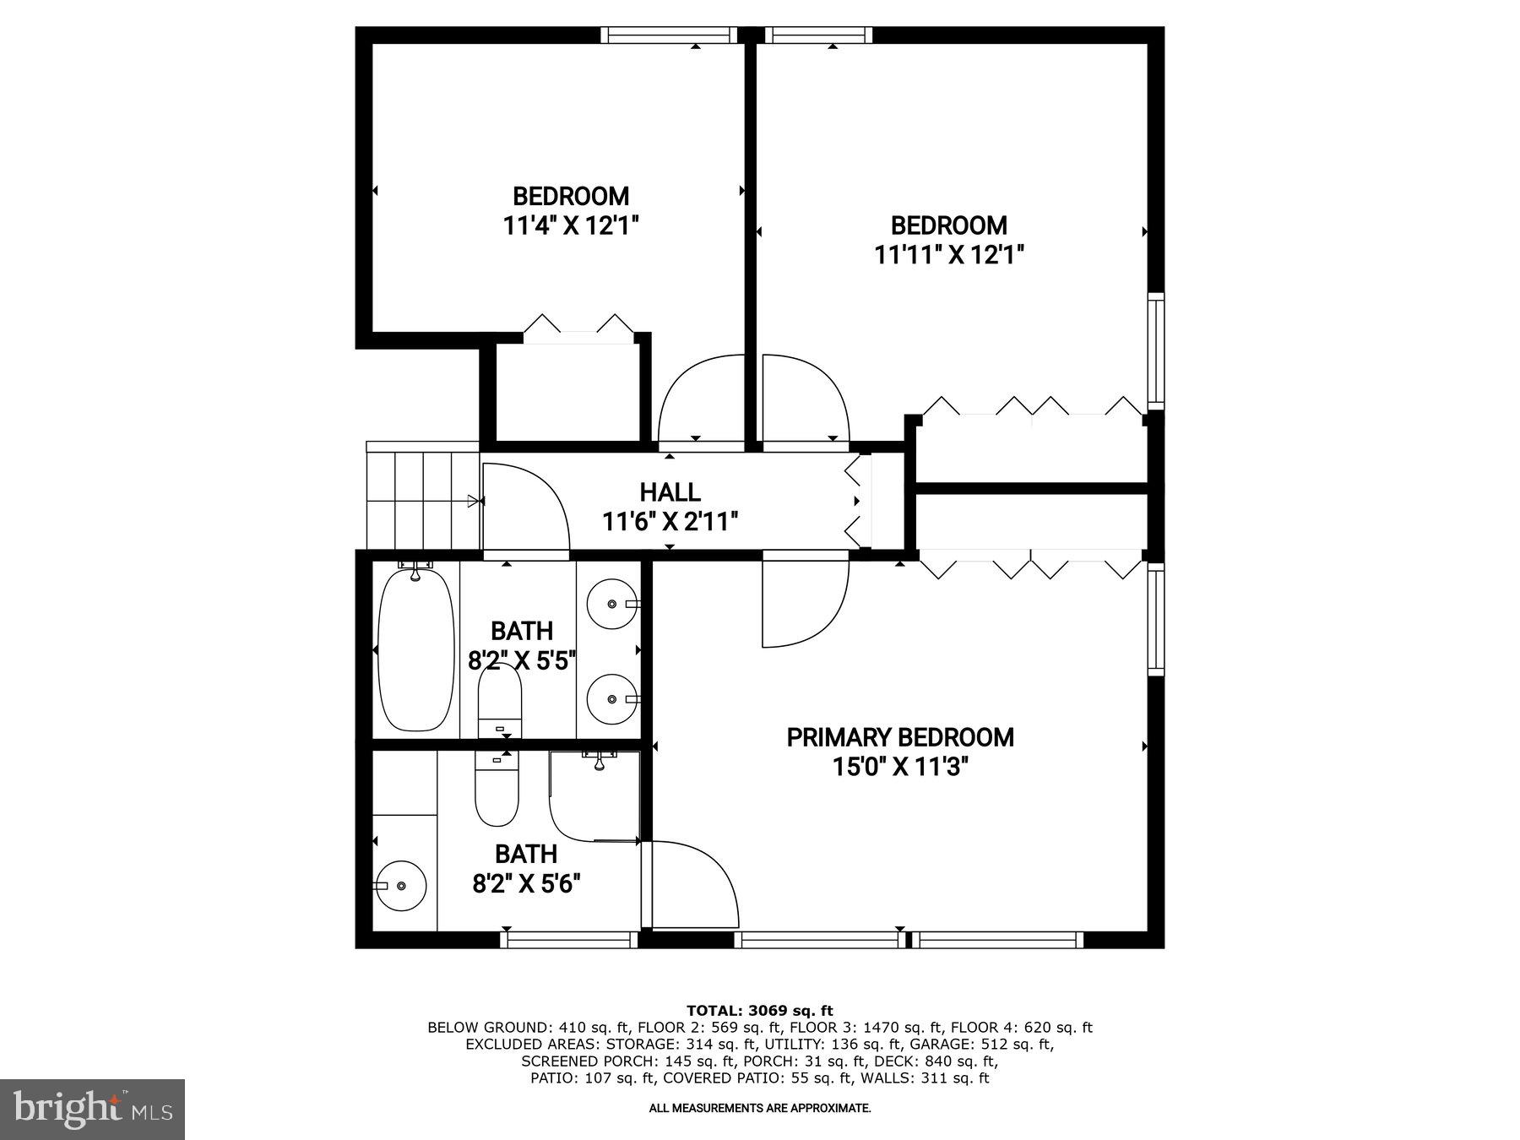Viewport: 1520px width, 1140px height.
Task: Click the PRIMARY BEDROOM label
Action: coord(900,737)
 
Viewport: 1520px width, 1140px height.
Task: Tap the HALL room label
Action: coord(670,491)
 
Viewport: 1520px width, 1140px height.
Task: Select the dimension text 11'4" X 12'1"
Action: coord(571,225)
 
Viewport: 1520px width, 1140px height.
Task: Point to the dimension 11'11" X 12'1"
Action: coord(949,254)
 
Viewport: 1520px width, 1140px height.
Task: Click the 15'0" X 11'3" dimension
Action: coord(900,767)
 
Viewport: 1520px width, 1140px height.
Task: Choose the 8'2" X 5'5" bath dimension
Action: coord(522,659)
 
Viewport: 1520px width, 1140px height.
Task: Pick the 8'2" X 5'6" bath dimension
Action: coord(526,883)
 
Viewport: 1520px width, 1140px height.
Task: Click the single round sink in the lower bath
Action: coord(400,885)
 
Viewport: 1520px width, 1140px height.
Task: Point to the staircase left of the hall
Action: coord(422,500)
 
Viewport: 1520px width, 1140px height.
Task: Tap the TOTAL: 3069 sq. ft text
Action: coord(759,1010)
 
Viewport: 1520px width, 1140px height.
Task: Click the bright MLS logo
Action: coord(92,1109)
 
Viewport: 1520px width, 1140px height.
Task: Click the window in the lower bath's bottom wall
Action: coord(568,939)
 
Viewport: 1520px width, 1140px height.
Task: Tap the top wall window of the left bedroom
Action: coord(669,35)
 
